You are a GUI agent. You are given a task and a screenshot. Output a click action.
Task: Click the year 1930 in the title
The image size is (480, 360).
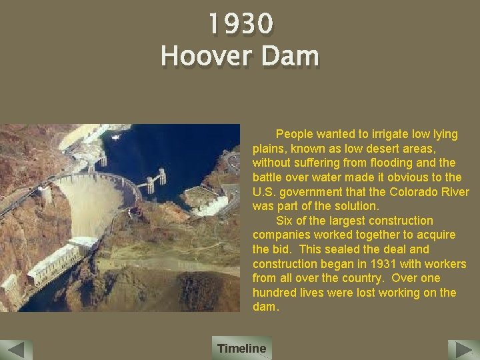point(240,25)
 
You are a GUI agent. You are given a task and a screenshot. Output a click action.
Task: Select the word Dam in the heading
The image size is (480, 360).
point(290,56)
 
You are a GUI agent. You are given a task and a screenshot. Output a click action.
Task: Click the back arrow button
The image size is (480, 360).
point(17,350)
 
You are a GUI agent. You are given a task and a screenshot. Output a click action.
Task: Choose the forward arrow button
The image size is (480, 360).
point(463,350)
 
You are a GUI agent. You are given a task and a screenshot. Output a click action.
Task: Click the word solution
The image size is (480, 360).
point(357,206)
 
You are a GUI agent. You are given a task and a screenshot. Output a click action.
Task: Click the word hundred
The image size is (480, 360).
point(273,293)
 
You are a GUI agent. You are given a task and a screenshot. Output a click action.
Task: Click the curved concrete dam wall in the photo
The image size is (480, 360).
point(93,200)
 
